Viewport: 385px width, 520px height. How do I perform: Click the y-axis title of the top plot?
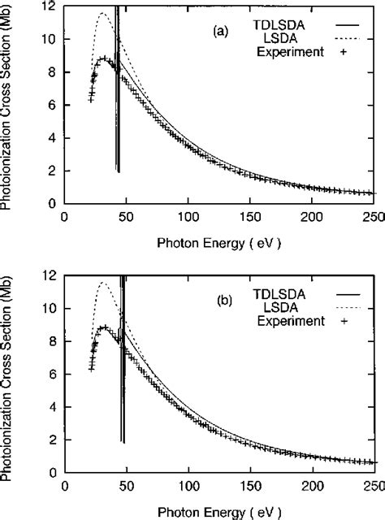click(x=7, y=106)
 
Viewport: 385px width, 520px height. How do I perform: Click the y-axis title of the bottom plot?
click(x=7, y=374)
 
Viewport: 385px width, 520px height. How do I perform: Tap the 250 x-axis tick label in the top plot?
click(x=374, y=217)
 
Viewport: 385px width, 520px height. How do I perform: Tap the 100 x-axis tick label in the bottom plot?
click(x=188, y=485)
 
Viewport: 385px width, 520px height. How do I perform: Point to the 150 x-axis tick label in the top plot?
click(x=250, y=217)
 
